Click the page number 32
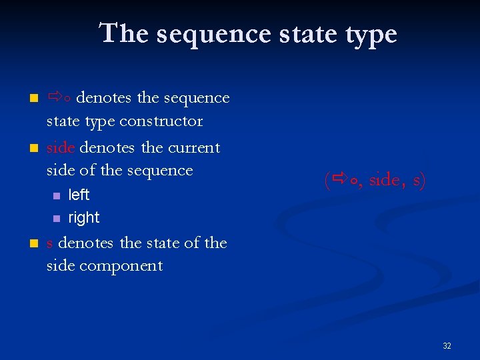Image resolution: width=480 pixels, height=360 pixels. [447, 345]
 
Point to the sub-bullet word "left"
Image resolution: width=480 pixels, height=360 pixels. [79, 195]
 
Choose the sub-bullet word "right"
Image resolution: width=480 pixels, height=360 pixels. [84, 218]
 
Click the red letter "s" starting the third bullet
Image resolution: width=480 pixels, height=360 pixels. [50, 243]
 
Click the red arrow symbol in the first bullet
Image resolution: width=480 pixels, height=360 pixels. [55, 98]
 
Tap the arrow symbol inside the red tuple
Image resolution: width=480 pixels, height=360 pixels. [340, 179]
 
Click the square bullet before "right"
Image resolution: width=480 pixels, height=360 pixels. [56, 219]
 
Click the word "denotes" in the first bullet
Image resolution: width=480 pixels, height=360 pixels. [105, 98]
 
